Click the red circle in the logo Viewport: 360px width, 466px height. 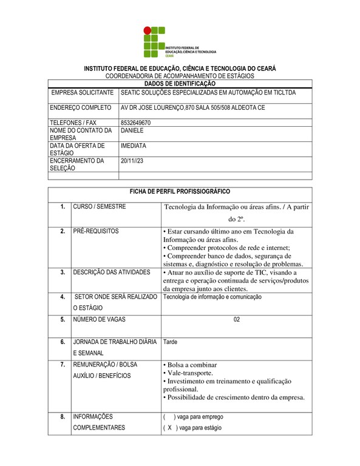(x=148, y=30)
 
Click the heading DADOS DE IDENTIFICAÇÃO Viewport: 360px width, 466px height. (x=179, y=83)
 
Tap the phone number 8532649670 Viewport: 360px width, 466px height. (x=136, y=122)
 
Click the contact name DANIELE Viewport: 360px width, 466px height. (x=132, y=130)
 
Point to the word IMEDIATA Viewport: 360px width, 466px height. (x=134, y=146)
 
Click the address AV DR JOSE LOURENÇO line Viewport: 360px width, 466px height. (x=192, y=107)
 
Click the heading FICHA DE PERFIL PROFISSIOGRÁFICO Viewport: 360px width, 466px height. (x=179, y=191)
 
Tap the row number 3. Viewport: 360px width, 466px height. (x=62, y=272)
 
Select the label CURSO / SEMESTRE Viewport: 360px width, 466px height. (x=100, y=207)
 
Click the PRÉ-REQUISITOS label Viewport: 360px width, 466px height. (x=96, y=231)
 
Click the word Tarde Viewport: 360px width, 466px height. (x=171, y=342)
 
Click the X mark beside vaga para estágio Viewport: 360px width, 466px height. (x=170, y=428)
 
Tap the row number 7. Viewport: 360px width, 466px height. (x=62, y=365)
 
